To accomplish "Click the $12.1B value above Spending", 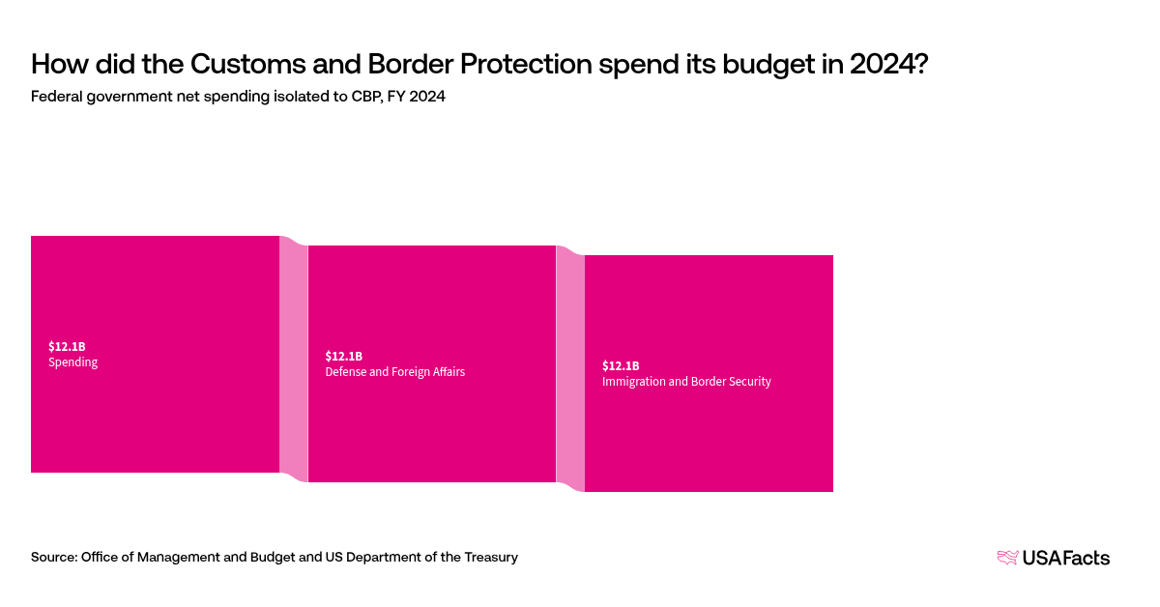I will point(67,346).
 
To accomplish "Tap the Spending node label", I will point(73,362).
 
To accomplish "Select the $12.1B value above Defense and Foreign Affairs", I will point(343,356).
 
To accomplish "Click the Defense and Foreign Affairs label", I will point(394,372).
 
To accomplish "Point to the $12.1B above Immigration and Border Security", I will point(621,365).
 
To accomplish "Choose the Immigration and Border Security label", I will point(686,382).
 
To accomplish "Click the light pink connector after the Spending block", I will point(294,359).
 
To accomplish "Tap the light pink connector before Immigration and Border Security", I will point(570,368).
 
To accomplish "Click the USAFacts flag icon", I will point(1007,557).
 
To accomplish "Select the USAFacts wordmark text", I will point(1066,558).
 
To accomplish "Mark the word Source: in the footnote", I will point(53,557).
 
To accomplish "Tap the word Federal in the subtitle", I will point(56,98).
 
